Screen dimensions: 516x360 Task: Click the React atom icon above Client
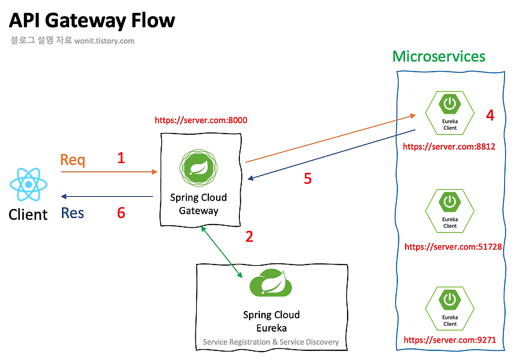(28, 185)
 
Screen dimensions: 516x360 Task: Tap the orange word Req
(73, 160)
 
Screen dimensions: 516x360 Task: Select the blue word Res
(72, 213)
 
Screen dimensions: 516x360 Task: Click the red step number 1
(121, 158)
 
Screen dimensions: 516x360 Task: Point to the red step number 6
(121, 212)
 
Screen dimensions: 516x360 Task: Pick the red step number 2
(250, 237)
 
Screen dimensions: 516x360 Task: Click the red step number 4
(490, 115)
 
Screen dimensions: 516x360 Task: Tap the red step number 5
(308, 179)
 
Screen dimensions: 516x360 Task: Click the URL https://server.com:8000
(201, 121)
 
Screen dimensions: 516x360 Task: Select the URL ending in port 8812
(449, 146)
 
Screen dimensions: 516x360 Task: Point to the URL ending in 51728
(453, 247)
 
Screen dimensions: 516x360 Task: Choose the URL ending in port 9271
(450, 340)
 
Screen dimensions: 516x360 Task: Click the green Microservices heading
(439, 56)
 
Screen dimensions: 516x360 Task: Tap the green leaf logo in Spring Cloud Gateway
(199, 168)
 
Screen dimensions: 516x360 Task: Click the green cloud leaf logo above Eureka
(270, 283)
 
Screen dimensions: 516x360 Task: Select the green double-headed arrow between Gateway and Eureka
(221, 252)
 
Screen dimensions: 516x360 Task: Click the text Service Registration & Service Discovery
(271, 342)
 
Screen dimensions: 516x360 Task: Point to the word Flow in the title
(153, 21)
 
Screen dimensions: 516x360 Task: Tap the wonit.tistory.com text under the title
(104, 41)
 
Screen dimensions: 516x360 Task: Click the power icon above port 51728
(450, 201)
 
